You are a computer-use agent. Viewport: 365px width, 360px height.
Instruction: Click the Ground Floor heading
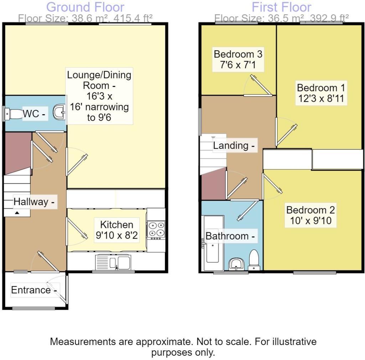[x=86, y=7]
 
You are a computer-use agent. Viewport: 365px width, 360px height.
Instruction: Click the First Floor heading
[x=281, y=7]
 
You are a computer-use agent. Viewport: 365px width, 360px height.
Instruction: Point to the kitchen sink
[x=114, y=263]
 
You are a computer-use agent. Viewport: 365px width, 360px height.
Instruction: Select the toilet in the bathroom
[x=254, y=260]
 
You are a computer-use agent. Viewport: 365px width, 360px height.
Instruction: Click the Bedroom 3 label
[x=238, y=54]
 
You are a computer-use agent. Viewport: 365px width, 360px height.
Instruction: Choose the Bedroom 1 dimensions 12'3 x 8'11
[x=321, y=99]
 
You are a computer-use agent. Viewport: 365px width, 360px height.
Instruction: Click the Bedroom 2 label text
[x=311, y=210]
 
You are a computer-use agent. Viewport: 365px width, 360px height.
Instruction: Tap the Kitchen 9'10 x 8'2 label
[x=117, y=230]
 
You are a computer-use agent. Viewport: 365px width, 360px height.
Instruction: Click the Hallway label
[x=34, y=202]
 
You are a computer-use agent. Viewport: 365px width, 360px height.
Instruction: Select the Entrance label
[x=34, y=290]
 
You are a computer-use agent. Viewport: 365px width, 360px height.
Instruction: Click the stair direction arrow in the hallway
[x=17, y=213]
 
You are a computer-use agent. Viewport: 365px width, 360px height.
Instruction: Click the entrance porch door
[x=58, y=289]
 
